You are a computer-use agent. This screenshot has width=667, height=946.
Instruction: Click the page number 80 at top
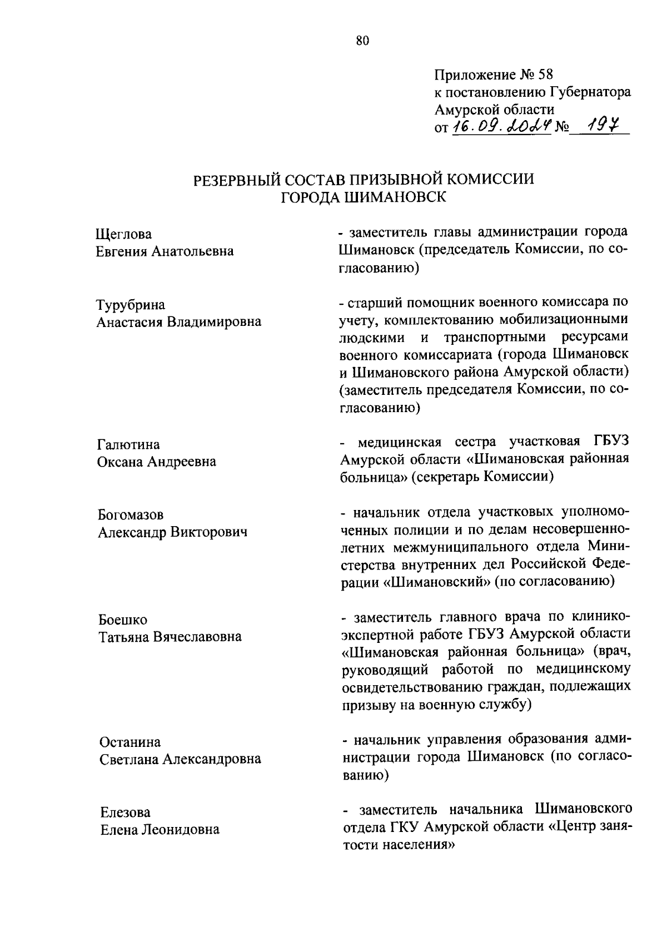[x=362, y=40]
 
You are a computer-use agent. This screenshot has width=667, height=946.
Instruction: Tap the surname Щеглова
[x=123, y=234]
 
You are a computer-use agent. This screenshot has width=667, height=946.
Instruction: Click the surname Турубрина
[x=131, y=305]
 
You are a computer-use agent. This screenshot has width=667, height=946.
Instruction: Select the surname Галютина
[x=128, y=444]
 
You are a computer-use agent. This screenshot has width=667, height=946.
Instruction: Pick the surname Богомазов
[x=131, y=515]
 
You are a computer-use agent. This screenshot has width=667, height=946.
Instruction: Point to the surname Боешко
[x=123, y=620]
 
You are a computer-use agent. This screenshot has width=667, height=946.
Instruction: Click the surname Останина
[x=130, y=742]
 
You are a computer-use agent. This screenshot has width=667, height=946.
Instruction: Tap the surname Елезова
[x=125, y=813]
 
